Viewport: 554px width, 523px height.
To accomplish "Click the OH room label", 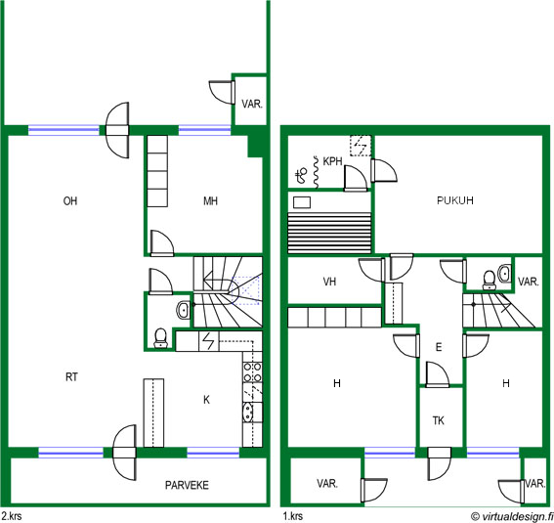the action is click(x=70, y=201).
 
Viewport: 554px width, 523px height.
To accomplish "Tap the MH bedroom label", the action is click(x=211, y=201).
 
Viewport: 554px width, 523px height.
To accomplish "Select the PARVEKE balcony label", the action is click(x=187, y=485).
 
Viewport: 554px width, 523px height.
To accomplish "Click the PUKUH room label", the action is click(x=455, y=200).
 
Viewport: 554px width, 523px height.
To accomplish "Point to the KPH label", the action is click(x=332, y=161).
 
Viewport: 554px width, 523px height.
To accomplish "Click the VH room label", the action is click(x=329, y=282).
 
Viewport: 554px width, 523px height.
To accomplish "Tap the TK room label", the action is click(x=439, y=420).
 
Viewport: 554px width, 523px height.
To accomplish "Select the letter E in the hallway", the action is click(x=439, y=347).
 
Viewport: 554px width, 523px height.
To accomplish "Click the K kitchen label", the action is click(x=207, y=400).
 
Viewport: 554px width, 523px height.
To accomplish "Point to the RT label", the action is click(x=71, y=377).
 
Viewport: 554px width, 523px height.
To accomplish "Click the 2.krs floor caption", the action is click(x=11, y=516).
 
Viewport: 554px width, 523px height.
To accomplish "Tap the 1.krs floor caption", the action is click(x=293, y=516).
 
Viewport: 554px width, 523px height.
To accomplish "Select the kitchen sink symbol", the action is click(x=248, y=412).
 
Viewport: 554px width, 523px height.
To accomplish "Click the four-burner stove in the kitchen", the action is click(x=253, y=372).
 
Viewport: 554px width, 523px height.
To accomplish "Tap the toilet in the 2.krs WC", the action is click(x=161, y=338).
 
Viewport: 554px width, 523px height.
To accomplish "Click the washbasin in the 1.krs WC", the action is click(x=504, y=274).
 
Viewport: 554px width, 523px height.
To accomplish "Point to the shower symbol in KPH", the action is click(x=301, y=175).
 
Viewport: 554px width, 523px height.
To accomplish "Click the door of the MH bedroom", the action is click(x=162, y=242).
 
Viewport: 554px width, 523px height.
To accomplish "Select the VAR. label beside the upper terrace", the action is click(x=252, y=104).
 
